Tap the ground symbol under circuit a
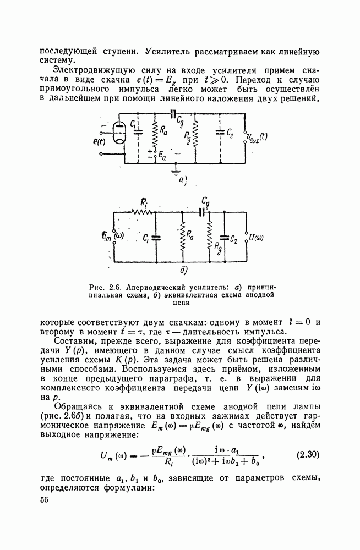pyautogui.click(x=176, y=172)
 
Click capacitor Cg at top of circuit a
pyautogui.click(x=175, y=116)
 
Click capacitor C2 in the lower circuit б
pyautogui.click(x=225, y=238)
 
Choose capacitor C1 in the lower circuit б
pyautogui.click(x=156, y=238)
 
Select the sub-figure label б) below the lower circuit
pyautogui.click(x=183, y=271)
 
